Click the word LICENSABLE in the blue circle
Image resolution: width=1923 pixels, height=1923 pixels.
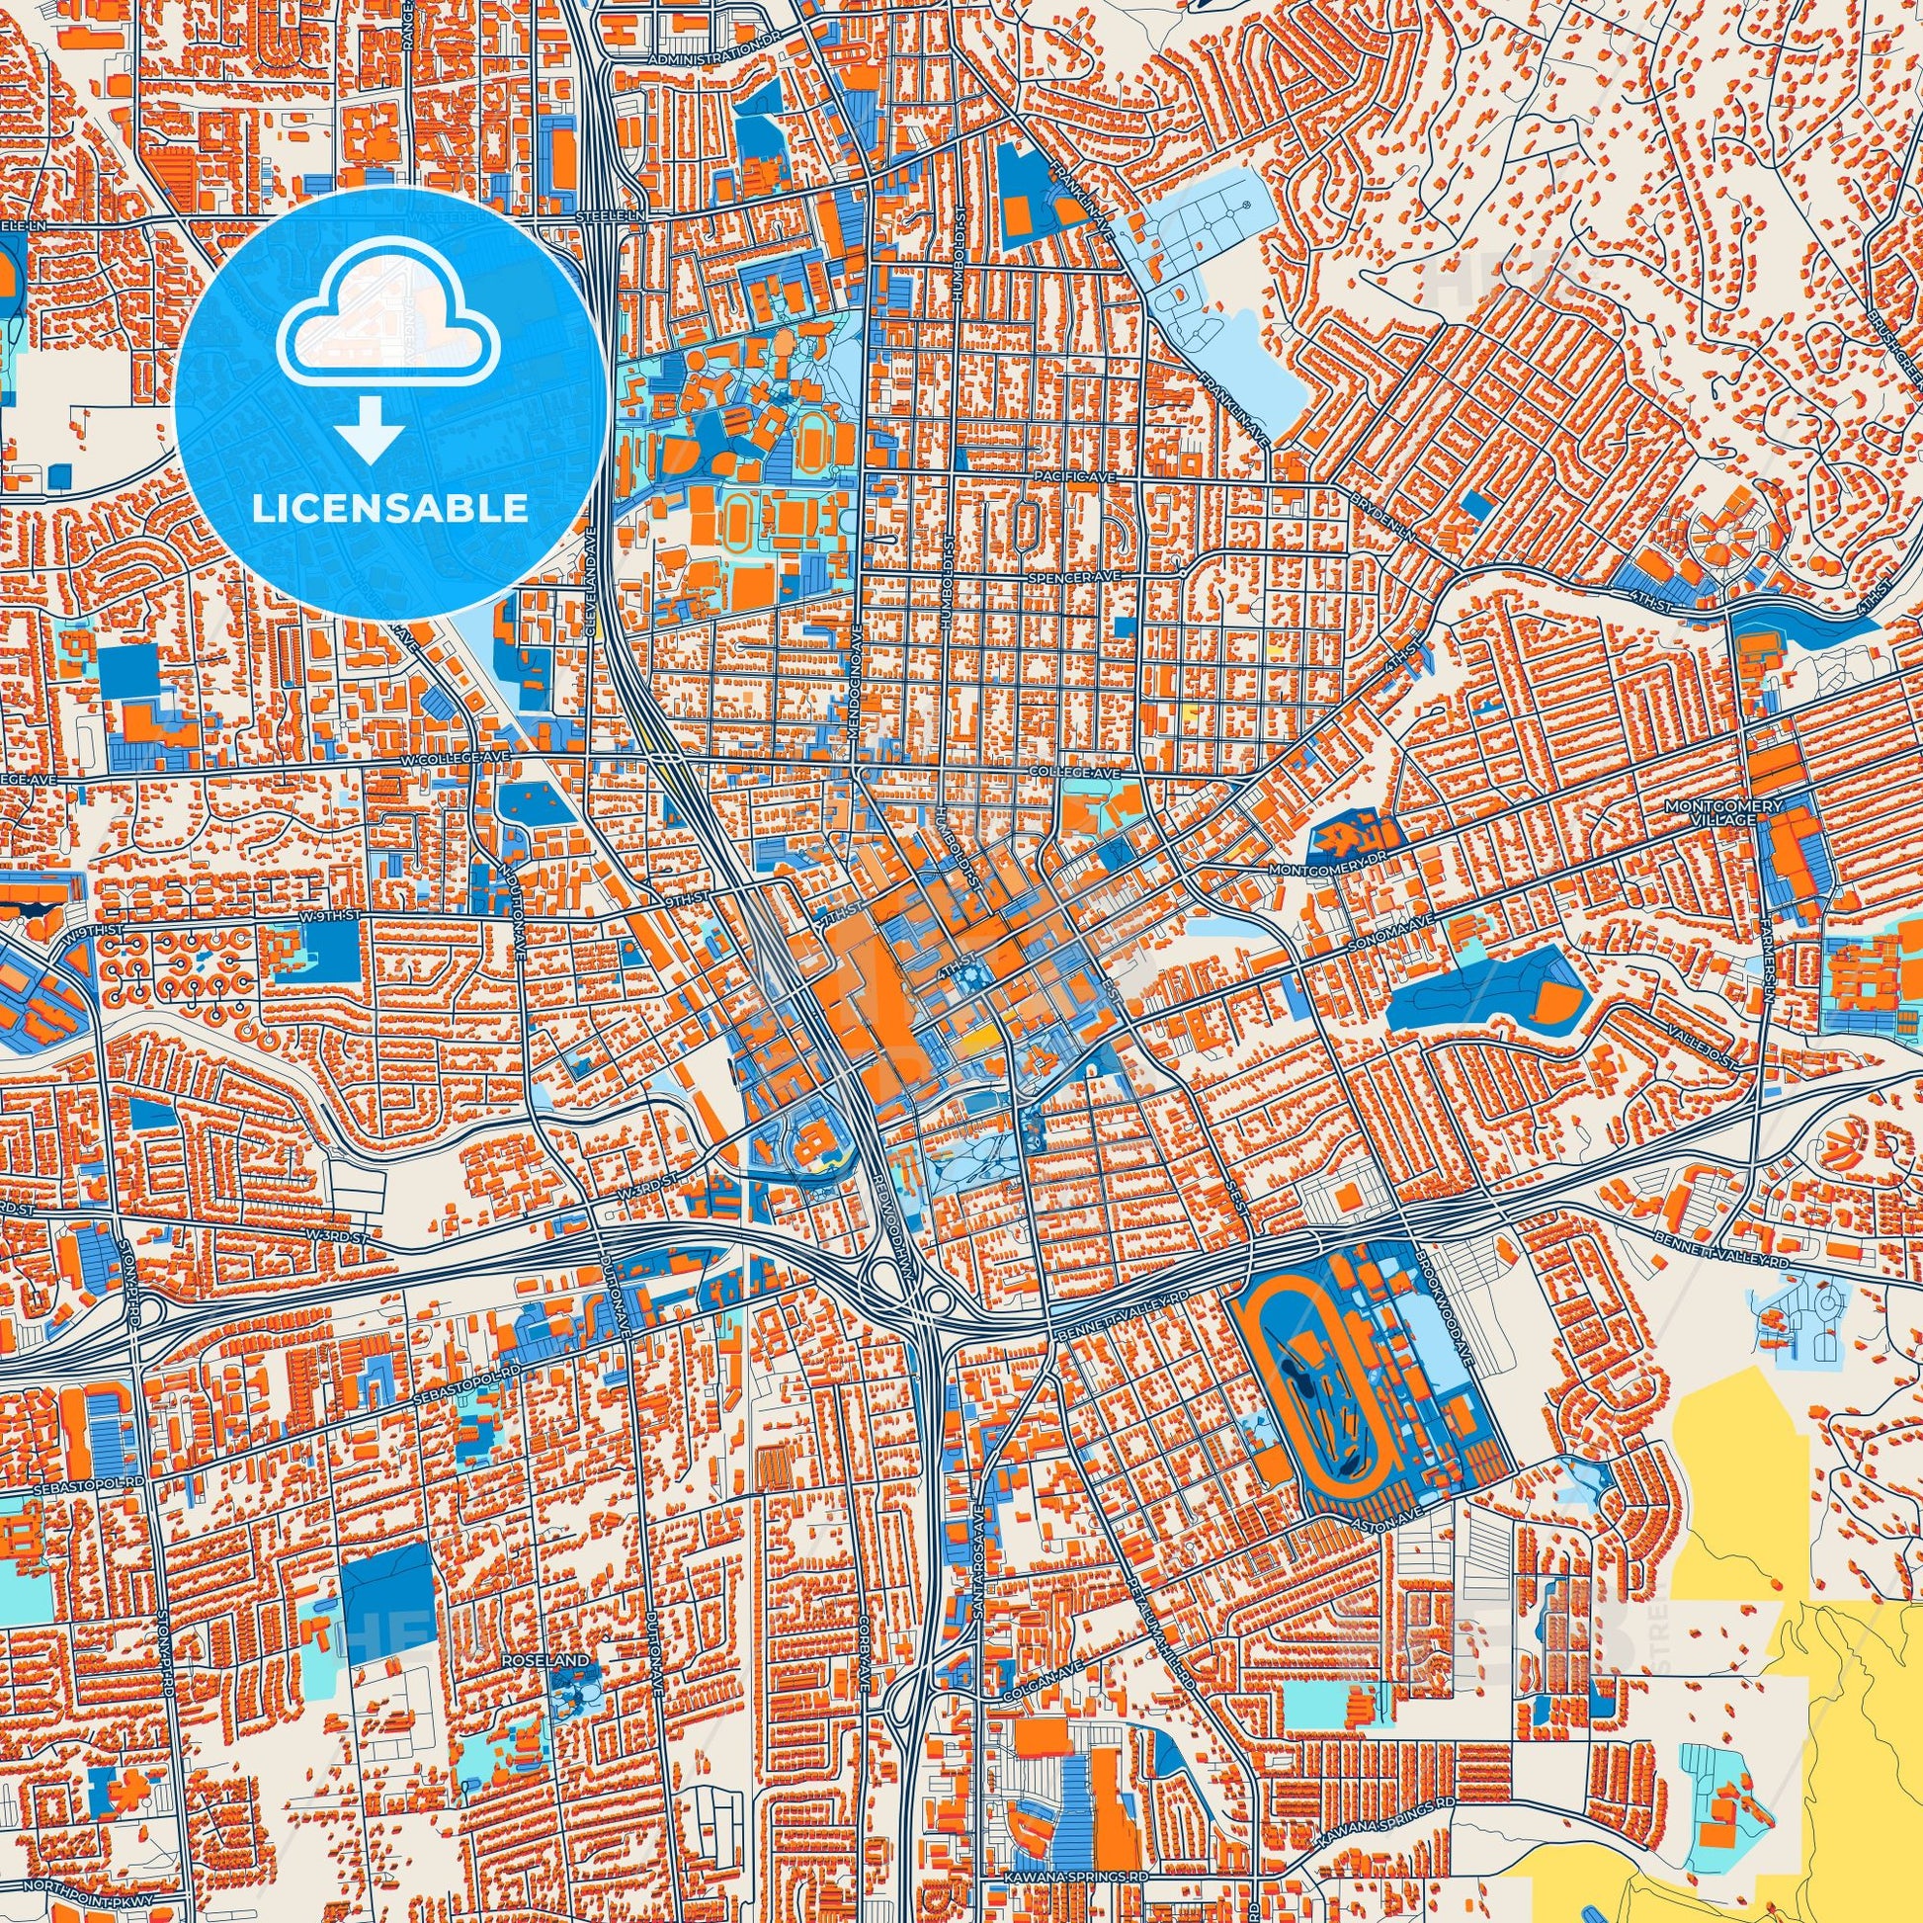point(390,509)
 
